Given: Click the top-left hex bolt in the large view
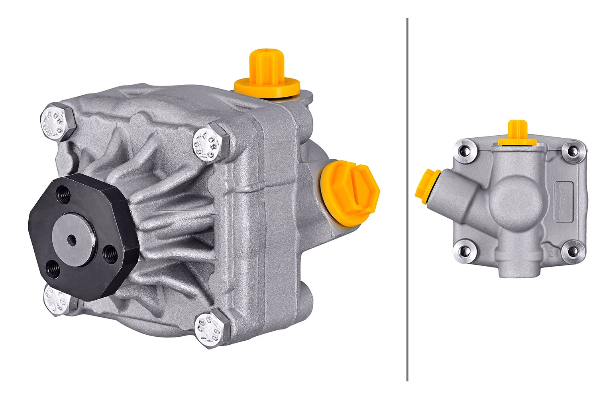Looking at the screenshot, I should click(x=58, y=122).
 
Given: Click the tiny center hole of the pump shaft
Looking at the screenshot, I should click(x=72, y=239).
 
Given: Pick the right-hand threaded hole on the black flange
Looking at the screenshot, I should click(x=110, y=253).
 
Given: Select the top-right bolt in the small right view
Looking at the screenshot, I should click(x=573, y=151).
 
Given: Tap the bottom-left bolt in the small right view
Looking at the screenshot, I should click(x=464, y=251).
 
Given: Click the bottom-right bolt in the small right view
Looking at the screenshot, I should click(x=573, y=251).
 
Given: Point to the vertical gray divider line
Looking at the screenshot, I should click(x=407, y=199).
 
